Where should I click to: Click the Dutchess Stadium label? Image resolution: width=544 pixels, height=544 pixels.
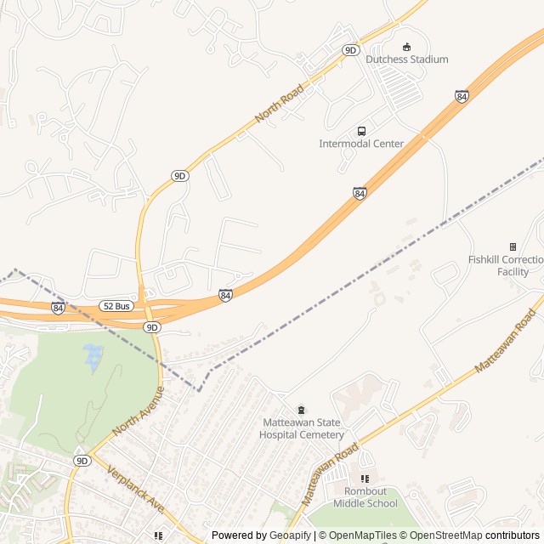click(x=406, y=59)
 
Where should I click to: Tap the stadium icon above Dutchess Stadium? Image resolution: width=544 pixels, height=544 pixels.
click(x=406, y=47)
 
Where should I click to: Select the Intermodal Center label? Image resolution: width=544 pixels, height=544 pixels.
click(x=361, y=144)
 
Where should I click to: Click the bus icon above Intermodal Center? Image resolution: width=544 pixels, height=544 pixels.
click(x=362, y=131)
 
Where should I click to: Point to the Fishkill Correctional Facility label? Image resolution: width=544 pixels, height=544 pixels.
click(x=507, y=265)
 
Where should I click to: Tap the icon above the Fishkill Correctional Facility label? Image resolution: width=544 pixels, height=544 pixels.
click(x=513, y=246)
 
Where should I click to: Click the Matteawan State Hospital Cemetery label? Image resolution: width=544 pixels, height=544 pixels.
click(x=302, y=429)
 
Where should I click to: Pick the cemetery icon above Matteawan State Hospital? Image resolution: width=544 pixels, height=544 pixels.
click(x=299, y=411)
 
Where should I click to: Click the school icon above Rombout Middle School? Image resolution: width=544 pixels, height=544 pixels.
click(x=365, y=479)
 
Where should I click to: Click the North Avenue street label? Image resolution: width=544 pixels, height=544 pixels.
click(x=138, y=411)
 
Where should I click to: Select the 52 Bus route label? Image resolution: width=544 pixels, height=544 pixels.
click(x=116, y=305)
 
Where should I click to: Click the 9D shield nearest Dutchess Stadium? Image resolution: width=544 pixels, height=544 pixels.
click(x=350, y=50)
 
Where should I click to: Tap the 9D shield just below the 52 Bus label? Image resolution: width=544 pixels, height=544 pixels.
click(x=151, y=327)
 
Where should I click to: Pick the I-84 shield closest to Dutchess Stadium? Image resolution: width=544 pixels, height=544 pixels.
click(x=461, y=97)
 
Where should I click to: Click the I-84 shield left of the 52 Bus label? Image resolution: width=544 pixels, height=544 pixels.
click(x=58, y=308)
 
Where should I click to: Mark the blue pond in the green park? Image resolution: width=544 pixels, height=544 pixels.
click(x=92, y=358)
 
